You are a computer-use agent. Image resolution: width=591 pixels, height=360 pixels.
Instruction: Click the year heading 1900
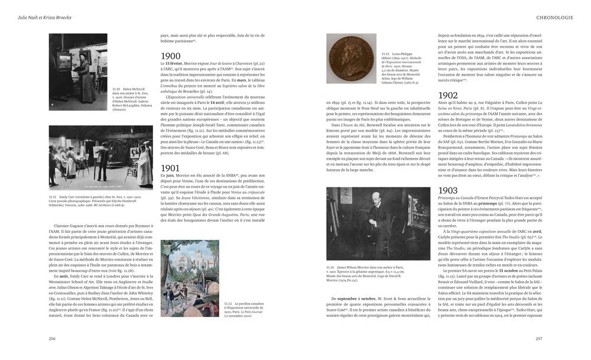pos(171,57)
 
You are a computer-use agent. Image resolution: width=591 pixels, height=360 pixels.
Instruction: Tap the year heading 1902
pos(448,95)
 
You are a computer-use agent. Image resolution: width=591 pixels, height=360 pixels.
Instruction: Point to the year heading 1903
pos(448,190)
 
